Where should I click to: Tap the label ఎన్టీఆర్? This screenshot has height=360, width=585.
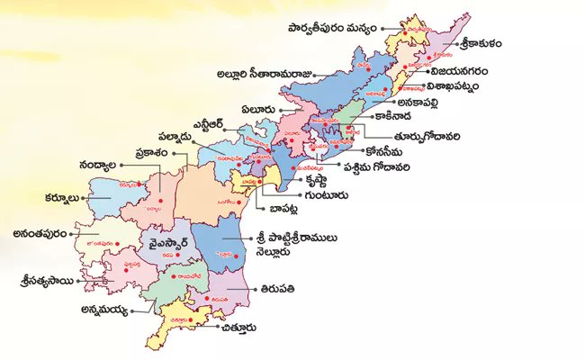coord(214,122)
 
